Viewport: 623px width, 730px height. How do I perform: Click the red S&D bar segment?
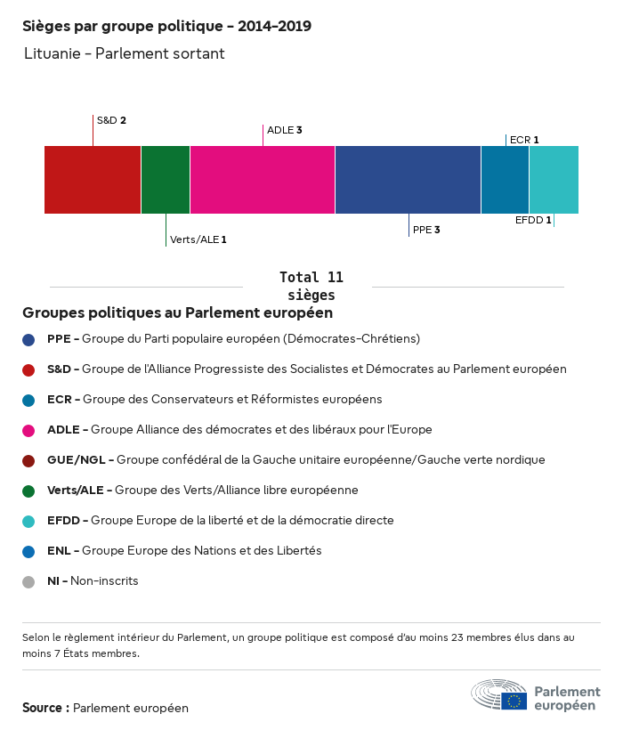click(93, 180)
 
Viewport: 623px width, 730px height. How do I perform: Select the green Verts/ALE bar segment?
click(166, 180)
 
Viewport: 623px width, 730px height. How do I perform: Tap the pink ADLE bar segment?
click(263, 180)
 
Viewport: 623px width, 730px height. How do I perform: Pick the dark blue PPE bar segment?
click(408, 180)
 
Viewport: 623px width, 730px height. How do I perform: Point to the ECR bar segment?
click(505, 180)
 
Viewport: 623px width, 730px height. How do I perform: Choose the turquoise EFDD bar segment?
click(554, 180)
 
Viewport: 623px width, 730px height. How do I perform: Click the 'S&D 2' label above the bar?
click(111, 120)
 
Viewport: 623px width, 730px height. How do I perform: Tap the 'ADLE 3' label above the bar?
click(285, 130)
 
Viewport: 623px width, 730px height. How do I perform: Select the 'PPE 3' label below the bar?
click(426, 230)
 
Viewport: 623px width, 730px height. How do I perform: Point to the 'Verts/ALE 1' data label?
click(198, 239)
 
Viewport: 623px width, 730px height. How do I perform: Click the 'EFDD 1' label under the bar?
click(533, 220)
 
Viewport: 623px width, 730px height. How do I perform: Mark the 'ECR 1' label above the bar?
click(524, 140)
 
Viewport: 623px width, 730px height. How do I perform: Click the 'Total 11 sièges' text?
click(311, 286)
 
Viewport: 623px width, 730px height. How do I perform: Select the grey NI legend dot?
click(28, 582)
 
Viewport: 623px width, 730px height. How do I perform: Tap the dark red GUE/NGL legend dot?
click(28, 461)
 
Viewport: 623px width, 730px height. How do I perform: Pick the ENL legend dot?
click(28, 552)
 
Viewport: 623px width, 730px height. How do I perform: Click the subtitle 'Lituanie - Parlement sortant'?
click(125, 54)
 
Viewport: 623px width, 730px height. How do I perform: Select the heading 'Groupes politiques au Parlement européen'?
click(178, 313)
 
